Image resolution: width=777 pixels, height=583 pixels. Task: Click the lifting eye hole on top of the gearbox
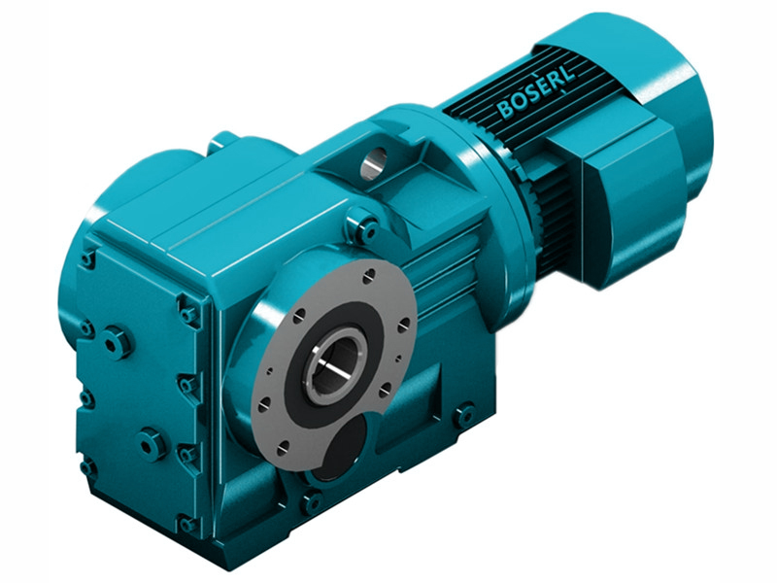(x=373, y=165)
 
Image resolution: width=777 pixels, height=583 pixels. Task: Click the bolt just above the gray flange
(x=367, y=229)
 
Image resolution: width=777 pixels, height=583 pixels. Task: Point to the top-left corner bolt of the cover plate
(x=88, y=258)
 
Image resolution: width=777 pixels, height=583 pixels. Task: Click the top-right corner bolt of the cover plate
(x=188, y=312)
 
